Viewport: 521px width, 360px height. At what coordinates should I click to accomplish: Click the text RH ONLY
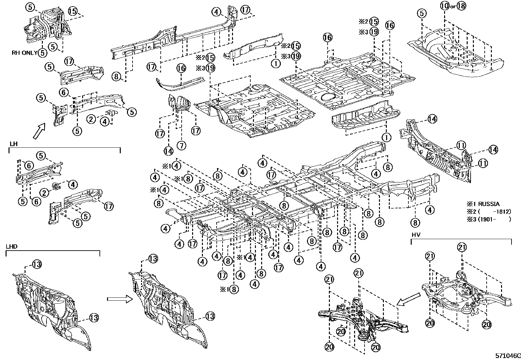(25, 53)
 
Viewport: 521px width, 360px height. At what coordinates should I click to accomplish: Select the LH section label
(13, 144)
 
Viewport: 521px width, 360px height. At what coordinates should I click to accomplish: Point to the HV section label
(416, 235)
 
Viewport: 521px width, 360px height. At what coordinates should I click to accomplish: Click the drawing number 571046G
(508, 356)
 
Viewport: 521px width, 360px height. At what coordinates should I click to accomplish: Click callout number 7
(181, 146)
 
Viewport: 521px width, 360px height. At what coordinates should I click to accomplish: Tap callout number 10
(445, 6)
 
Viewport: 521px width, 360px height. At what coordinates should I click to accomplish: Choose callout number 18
(461, 6)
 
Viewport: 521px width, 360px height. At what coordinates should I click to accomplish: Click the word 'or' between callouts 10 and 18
(453, 7)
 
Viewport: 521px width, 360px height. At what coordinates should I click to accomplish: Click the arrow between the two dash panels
(120, 299)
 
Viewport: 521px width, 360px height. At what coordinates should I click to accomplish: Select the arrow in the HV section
(409, 299)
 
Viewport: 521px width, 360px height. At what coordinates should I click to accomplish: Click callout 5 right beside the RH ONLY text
(42, 53)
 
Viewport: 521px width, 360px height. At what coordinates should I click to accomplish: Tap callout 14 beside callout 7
(169, 151)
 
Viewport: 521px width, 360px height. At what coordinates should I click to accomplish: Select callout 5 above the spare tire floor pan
(422, 13)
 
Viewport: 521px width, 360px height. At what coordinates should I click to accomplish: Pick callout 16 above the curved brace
(181, 68)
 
